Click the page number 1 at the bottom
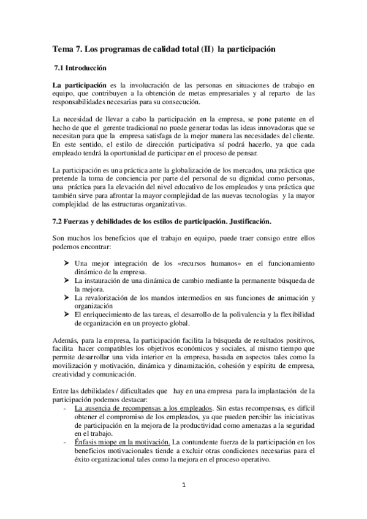[183, 485]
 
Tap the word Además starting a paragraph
[66, 340]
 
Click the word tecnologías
[255, 195]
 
